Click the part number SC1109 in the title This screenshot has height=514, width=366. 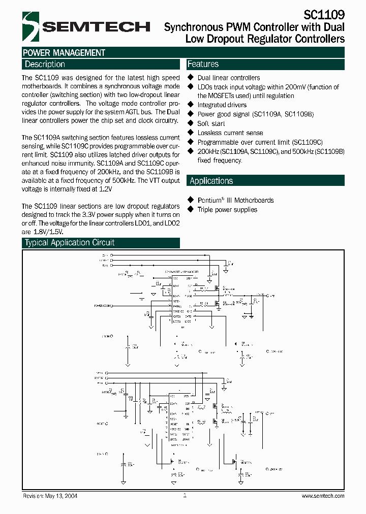[x=324, y=15]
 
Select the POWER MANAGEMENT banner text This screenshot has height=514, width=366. [x=64, y=53]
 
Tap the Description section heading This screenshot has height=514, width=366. [x=45, y=65]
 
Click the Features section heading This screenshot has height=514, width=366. [x=203, y=65]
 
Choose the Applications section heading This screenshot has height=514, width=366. [x=211, y=181]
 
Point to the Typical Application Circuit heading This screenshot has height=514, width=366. [x=70, y=243]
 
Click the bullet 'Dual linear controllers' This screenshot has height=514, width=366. [x=228, y=78]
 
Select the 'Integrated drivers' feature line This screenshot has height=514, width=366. [x=222, y=105]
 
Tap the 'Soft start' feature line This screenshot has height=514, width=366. [x=211, y=123]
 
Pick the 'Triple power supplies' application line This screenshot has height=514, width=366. [x=227, y=210]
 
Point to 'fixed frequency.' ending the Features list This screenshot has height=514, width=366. [x=220, y=160]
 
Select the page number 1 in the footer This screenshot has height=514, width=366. [x=185, y=495]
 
